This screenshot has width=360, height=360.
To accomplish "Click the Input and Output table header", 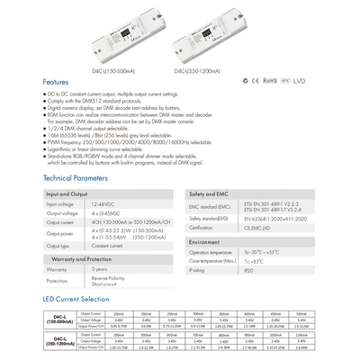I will (67, 193).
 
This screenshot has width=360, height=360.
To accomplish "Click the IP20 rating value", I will (248, 283).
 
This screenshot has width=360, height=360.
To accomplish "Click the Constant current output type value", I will (107, 245).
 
